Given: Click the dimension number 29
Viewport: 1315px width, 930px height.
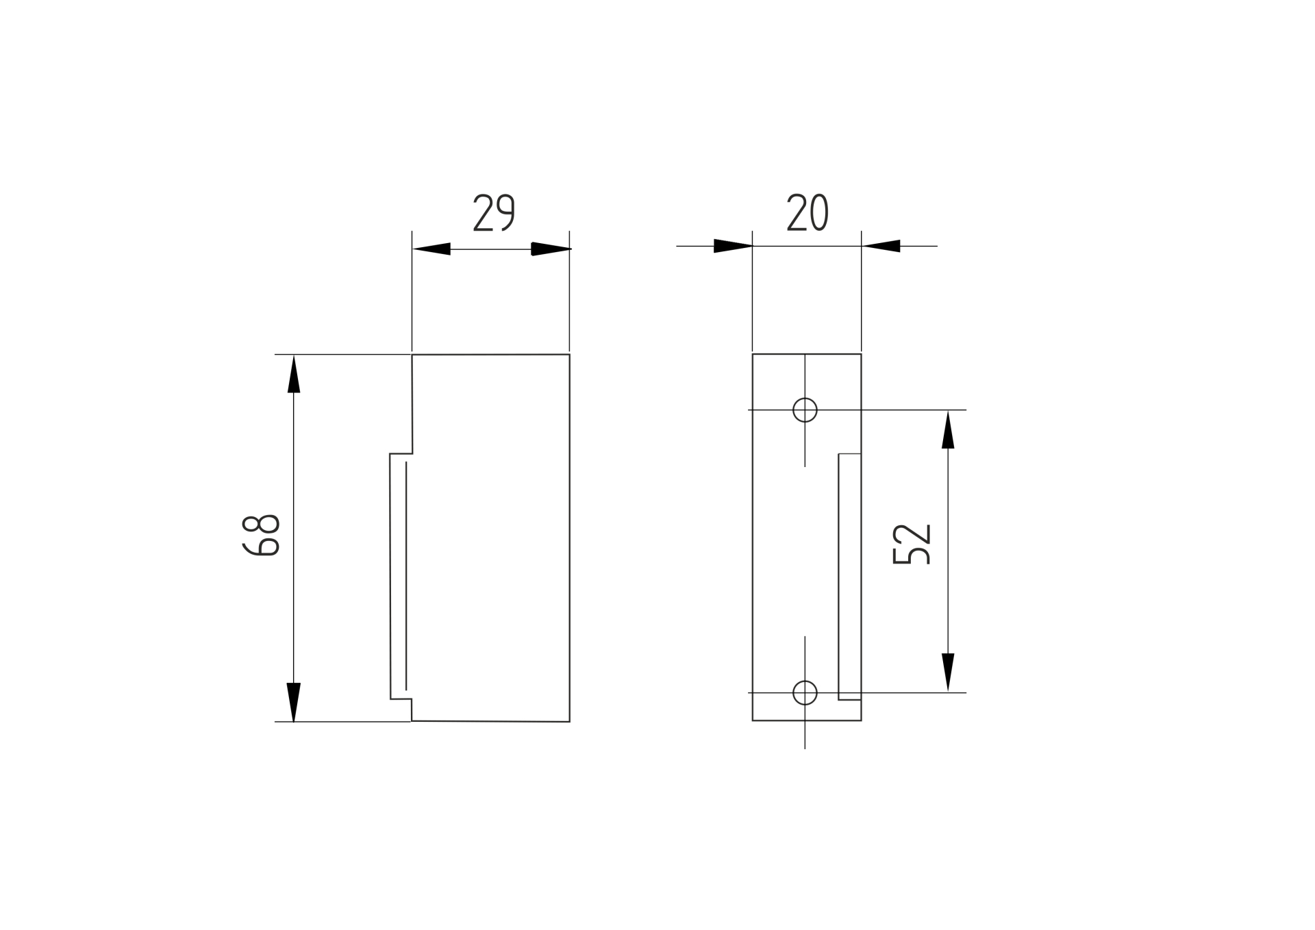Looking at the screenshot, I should (x=494, y=213).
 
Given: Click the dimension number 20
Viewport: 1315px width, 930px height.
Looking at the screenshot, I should (x=807, y=212).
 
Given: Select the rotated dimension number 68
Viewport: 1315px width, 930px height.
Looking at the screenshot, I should (x=260, y=534).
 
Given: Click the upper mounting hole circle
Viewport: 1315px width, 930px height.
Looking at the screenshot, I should (x=805, y=410).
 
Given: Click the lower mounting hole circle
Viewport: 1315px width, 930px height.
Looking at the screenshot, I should (x=805, y=692).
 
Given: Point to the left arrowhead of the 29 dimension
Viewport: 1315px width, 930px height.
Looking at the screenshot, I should (x=431, y=249).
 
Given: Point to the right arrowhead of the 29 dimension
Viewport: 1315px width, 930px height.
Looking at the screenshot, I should (x=551, y=249).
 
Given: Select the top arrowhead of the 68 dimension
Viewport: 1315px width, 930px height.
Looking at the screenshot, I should (x=294, y=374).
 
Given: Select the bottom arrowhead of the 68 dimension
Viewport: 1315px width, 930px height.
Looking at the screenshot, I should (x=294, y=702).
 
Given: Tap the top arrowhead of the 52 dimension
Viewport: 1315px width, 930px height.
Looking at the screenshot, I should (x=948, y=429).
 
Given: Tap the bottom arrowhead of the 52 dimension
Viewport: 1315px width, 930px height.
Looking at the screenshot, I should (x=948, y=672).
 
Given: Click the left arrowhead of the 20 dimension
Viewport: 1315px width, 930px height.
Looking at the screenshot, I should (x=733, y=246).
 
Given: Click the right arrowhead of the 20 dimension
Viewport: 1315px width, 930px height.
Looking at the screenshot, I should (x=881, y=246).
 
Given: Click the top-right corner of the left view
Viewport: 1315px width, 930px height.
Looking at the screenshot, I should (x=569, y=355).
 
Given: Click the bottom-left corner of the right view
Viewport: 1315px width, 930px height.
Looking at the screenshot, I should (x=753, y=720).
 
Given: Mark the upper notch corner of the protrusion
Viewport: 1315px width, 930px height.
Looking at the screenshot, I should (x=390, y=454).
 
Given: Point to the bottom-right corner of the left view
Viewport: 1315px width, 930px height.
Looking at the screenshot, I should (x=569, y=721).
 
